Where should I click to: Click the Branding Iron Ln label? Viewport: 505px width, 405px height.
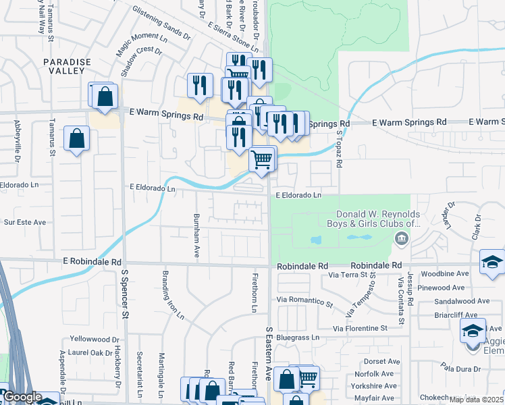coord(171,295)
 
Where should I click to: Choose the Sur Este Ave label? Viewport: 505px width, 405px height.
coord(25,221)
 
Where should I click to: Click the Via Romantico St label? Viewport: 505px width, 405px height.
coord(305,301)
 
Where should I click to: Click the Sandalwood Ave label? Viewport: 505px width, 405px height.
coord(462,301)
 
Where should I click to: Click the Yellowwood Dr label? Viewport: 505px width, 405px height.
coord(94,340)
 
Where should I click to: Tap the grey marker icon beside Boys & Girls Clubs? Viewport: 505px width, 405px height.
coord(402,238)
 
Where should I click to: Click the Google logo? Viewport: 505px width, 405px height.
coord(22,397)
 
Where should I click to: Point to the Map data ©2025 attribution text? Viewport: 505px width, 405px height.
coord(476,400)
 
